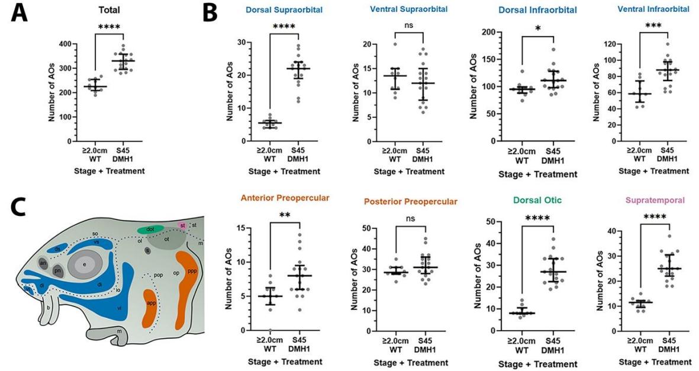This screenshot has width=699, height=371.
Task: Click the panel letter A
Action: (x=19, y=14)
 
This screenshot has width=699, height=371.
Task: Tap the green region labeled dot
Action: (x=150, y=229)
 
